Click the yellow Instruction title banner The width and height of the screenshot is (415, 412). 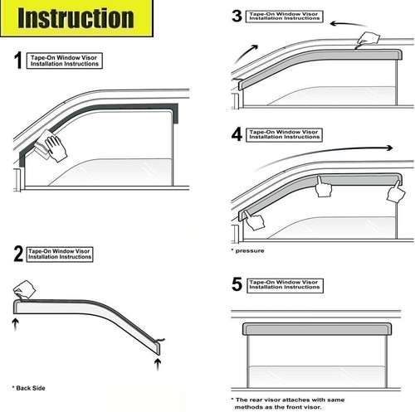[x=76, y=18]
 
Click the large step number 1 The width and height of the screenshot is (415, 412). [x=18, y=61]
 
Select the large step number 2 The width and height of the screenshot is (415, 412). [x=18, y=254]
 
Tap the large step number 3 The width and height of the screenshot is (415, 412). [x=237, y=16]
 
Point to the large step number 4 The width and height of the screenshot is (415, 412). [x=237, y=134]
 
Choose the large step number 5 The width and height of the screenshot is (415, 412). [x=237, y=284]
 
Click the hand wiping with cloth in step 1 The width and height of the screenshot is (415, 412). [x=51, y=147]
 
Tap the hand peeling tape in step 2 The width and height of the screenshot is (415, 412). [x=24, y=289]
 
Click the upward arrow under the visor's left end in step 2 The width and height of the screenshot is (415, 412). [x=16, y=324]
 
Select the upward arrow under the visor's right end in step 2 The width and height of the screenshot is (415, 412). [x=158, y=364]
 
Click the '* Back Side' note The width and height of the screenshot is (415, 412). [x=28, y=388]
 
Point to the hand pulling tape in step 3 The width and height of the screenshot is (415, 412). [x=368, y=40]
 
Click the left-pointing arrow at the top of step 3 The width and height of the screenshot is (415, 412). [x=349, y=24]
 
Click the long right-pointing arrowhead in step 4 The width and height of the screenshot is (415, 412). [x=389, y=148]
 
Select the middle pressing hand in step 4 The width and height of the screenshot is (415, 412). [x=324, y=187]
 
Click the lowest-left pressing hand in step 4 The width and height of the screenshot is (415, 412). [x=254, y=220]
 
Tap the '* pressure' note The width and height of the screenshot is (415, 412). [x=247, y=251]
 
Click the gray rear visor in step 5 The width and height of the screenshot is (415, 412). [x=317, y=329]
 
